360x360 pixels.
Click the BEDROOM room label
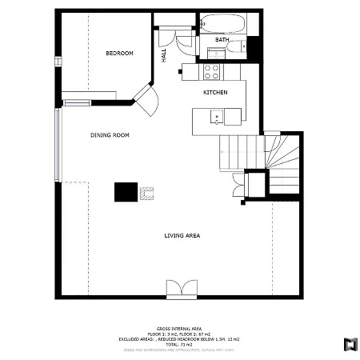coord(119,54)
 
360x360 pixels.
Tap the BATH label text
coord(222,39)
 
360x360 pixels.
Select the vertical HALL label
coord(164,54)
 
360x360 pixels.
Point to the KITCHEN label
coord(215,93)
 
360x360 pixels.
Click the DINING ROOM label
coord(110,135)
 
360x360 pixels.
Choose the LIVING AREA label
coord(182,235)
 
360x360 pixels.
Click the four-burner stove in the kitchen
coord(212,72)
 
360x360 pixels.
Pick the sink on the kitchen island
coord(216,118)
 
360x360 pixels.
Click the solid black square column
coord(125,192)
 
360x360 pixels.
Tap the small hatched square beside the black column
coord(146,192)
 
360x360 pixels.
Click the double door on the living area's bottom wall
coord(179,289)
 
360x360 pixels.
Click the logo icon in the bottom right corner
coord(350,345)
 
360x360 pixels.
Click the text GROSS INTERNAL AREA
coord(179,329)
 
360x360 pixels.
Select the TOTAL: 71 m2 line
coord(179,343)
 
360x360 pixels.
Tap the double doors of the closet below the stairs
coord(238,184)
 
